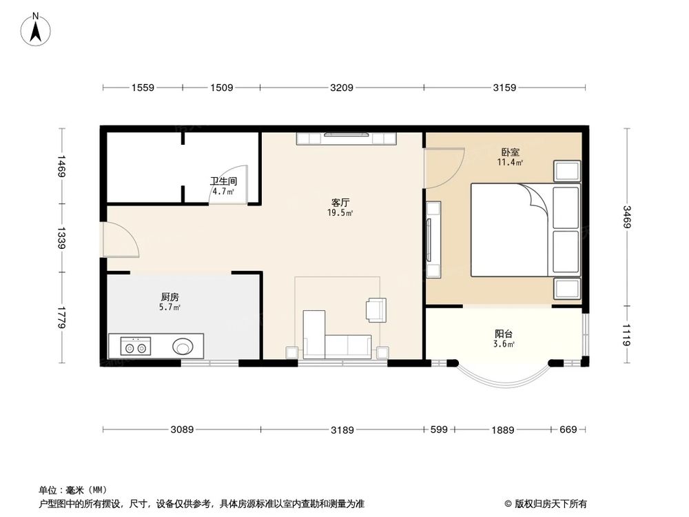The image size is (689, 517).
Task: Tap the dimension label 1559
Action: [x=143, y=88]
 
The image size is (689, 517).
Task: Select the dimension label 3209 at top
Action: [x=342, y=88]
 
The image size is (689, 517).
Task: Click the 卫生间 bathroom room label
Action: [x=223, y=183]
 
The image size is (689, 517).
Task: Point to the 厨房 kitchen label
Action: [x=169, y=296]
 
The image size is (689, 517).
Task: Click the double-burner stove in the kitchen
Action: [x=134, y=347]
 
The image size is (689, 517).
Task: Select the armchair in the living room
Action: [x=376, y=310]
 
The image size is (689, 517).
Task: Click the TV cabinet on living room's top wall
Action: [x=345, y=139]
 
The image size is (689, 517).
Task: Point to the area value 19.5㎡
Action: [x=340, y=214]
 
